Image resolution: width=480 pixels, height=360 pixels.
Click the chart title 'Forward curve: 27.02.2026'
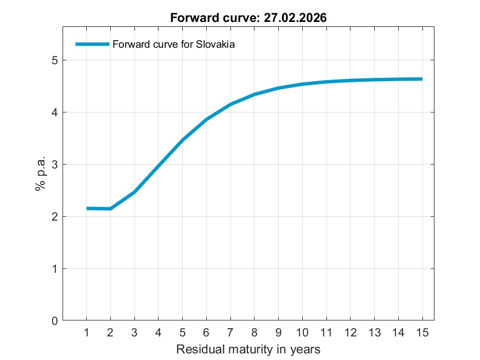pos(248,18)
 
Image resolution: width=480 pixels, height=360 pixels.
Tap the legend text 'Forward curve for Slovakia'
pos(173,45)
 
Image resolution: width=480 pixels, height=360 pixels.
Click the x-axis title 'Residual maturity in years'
pos(248,349)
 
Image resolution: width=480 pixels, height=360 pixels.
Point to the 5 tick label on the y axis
pos(54,60)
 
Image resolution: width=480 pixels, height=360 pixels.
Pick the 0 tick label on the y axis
pos(54,321)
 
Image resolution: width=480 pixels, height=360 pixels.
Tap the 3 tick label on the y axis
pos(54,165)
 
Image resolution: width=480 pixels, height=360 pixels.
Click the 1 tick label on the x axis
pos(87,333)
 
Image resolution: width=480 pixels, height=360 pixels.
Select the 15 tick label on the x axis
pos(422,333)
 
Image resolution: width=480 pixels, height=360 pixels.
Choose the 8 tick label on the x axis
pos(255,333)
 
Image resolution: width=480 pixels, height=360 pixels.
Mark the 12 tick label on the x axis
pos(350,333)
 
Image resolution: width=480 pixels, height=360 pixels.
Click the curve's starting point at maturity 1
pos(87,209)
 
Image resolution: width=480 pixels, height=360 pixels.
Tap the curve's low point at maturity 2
pos(111,209)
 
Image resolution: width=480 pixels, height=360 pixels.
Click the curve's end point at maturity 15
pos(421,79)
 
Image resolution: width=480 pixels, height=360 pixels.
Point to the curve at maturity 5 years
pos(183,140)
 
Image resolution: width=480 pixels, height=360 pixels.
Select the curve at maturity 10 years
pos(302,84)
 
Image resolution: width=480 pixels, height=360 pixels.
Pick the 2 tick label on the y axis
pos(54,217)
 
